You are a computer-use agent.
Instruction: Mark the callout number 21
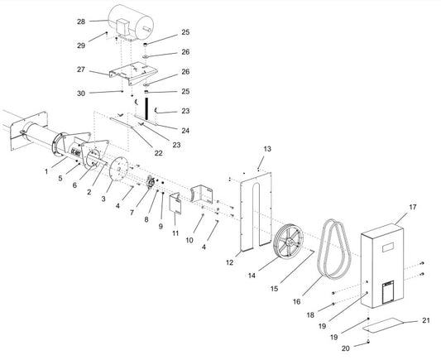coord(426,319)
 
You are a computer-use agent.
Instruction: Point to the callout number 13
coord(266,148)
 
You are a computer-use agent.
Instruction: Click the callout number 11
coord(175,234)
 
